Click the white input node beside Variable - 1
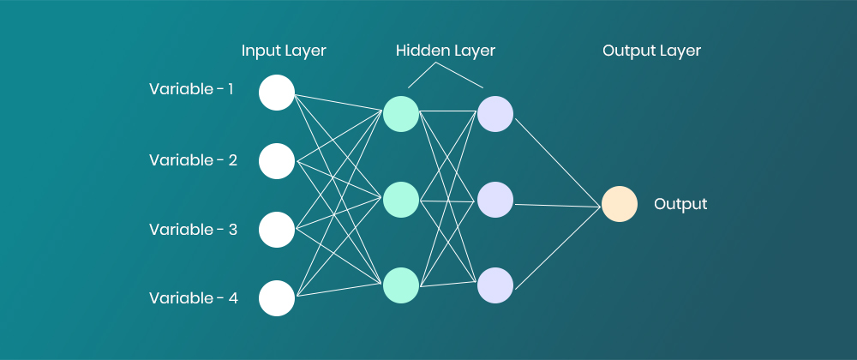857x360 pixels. (277, 93)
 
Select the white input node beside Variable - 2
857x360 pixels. (277, 161)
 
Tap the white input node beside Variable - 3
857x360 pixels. (277, 230)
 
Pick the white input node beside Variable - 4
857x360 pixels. (277, 298)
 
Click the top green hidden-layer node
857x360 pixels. (401, 114)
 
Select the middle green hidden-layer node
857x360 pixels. (401, 200)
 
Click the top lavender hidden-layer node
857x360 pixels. (495, 114)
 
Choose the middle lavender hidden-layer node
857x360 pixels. (495, 200)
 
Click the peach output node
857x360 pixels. (619, 205)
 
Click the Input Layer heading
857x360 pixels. (284, 51)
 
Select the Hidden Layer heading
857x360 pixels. (446, 51)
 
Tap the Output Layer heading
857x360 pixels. (651, 51)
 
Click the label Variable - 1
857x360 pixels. (191, 88)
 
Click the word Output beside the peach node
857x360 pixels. (680, 205)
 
